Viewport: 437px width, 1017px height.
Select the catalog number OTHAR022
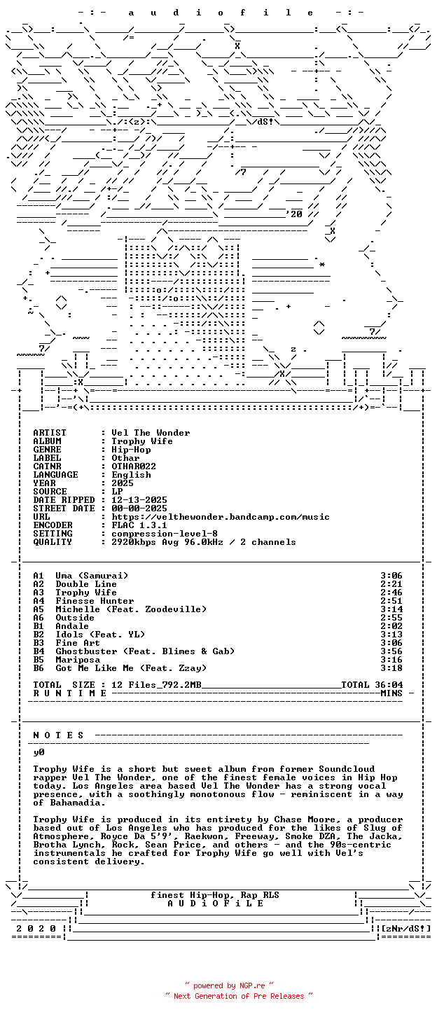pos(134,466)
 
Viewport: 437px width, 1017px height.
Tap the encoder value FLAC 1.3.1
pos(139,525)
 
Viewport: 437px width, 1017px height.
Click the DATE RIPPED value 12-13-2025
pos(139,500)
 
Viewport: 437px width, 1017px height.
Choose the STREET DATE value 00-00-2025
pos(139,509)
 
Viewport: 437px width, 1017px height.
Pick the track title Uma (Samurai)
pos(92,576)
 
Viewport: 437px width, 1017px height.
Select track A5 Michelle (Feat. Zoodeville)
pos(131,609)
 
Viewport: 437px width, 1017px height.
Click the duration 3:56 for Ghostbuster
pos(391,651)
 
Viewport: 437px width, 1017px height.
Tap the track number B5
pos(39,660)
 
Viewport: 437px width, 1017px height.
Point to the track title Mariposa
pos(78,660)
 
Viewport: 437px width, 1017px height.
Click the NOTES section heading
pos(59,735)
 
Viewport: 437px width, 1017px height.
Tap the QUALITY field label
pos(53,542)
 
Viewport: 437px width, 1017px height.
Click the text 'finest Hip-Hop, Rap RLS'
pos(215,895)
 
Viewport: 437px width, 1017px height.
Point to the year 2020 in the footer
pos(36,929)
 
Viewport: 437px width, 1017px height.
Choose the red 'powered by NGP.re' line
pos(229,985)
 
